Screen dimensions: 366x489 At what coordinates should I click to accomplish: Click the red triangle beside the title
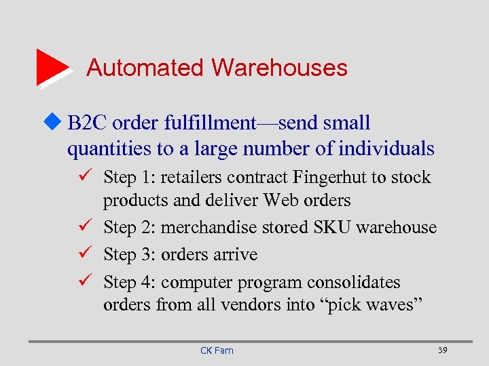[x=50, y=66]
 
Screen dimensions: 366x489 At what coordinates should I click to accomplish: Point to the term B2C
[x=88, y=123]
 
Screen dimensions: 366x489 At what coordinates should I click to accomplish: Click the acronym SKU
[x=331, y=228]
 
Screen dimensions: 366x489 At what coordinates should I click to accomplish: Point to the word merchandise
[x=204, y=228]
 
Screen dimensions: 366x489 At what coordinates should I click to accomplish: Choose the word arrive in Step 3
[x=235, y=256]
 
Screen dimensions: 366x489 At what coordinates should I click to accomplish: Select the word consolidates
[x=354, y=283]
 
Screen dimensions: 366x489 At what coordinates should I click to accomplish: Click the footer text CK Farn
[x=217, y=350]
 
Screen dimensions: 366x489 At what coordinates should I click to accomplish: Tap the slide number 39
[x=442, y=350]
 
